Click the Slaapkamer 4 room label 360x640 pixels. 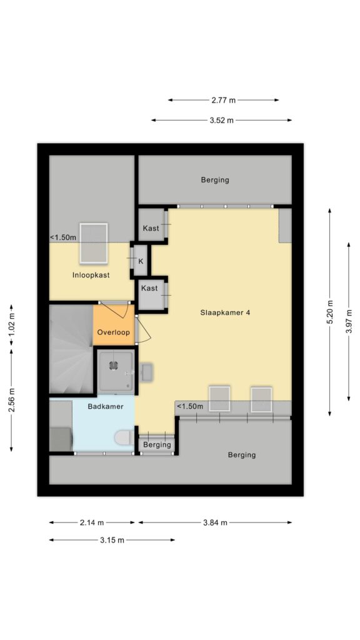pos(225,313)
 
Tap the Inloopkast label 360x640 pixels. pos(91,275)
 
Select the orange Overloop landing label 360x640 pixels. pos(114,332)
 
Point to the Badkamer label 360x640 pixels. pos(106,406)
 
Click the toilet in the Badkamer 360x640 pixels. pos(122,437)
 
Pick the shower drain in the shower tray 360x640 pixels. pos(114,366)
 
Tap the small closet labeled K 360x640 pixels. pos(141,261)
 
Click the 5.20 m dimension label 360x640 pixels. pos(330,312)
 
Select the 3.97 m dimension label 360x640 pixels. pos(349,322)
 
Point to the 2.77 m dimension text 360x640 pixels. pos(223,100)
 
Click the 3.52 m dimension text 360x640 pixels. pos(222,120)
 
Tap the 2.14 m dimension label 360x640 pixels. pos(92,522)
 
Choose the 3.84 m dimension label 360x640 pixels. pos(215,522)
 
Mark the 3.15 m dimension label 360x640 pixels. pos(112,540)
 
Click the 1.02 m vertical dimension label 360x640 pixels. pos(11,325)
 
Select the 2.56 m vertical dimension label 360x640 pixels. pos(11,399)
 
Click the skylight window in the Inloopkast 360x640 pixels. pos(94,243)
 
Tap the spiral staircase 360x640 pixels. pos(71,349)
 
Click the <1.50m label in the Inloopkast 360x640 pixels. pos(63,237)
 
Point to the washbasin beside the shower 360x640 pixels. pos(146,372)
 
